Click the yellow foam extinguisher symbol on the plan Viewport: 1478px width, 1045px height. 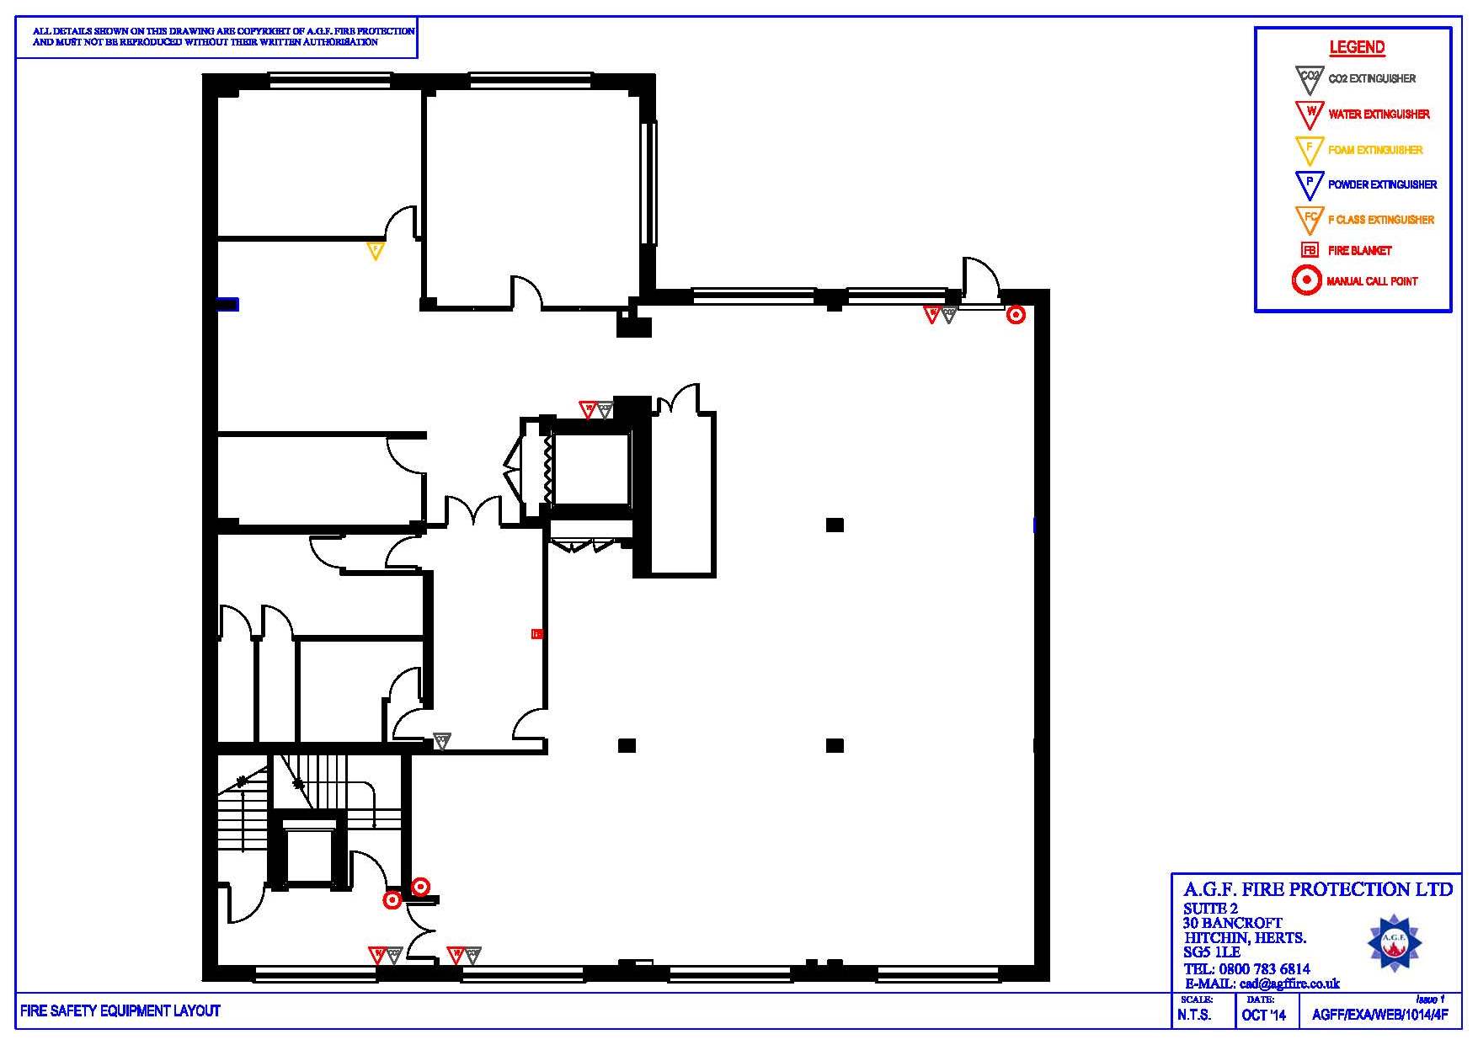(x=376, y=250)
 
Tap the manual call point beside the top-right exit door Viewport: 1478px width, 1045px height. (x=1016, y=315)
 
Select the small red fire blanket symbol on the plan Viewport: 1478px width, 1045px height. (x=536, y=633)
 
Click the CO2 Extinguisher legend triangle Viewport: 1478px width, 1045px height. (x=1309, y=78)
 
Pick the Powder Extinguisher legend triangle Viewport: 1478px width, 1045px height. (x=1309, y=184)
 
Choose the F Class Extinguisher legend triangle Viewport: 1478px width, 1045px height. (x=1309, y=219)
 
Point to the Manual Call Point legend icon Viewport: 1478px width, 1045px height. (x=1306, y=280)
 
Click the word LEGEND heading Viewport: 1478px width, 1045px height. (x=1357, y=47)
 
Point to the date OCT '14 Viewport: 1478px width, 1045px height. (x=1263, y=1016)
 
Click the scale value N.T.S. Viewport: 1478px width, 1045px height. (x=1194, y=1016)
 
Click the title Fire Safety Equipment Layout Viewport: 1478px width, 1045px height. (x=120, y=1010)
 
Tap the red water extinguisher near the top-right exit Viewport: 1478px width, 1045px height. (x=931, y=314)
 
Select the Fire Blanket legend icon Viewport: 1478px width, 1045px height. (x=1310, y=250)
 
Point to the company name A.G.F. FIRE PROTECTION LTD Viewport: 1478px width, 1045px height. (x=1317, y=889)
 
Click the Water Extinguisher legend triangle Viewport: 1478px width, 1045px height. (x=1309, y=113)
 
